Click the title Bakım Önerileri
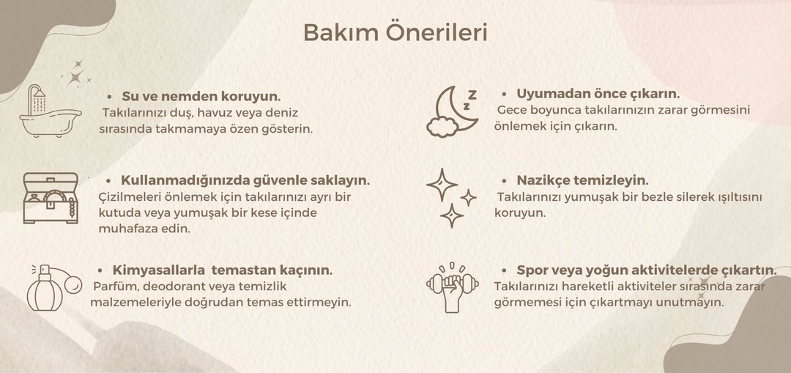395,33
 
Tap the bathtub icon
50,111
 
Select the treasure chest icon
51,198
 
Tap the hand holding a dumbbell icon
453,287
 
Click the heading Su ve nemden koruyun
201,96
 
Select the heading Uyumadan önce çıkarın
598,94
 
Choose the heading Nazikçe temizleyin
583,180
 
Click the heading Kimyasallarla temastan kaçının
223,270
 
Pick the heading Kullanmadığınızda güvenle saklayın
245,181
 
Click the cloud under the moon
442,127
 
